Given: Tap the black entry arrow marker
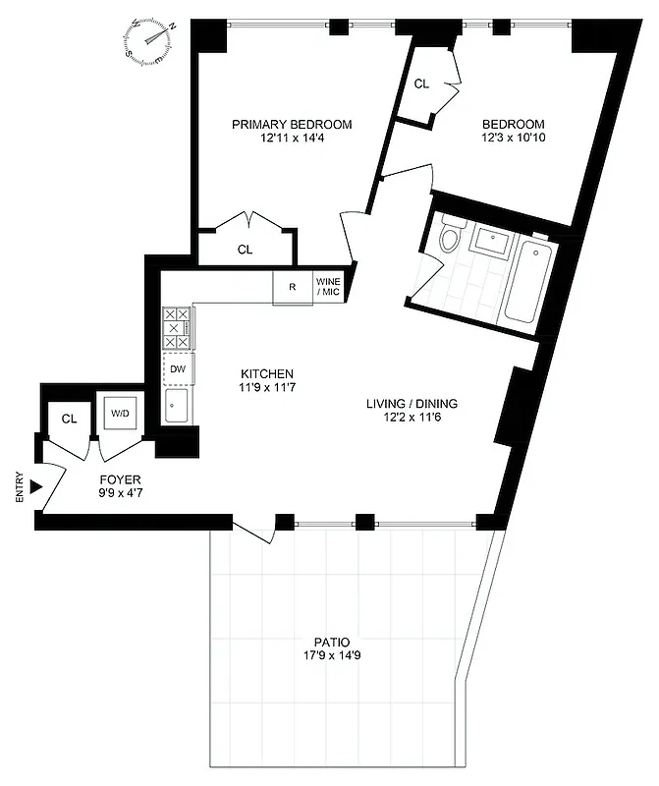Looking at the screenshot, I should (x=36, y=486).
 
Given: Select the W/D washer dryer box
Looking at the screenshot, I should (x=119, y=414).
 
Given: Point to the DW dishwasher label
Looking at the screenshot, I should (x=178, y=368).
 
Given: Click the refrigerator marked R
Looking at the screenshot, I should (x=293, y=288).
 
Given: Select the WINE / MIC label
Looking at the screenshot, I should (x=327, y=288).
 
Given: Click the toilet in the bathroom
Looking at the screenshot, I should (x=452, y=237).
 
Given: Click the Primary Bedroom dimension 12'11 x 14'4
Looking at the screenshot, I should (x=292, y=140).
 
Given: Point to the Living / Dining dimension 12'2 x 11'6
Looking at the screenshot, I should (x=412, y=419).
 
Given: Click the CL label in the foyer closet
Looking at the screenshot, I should (x=69, y=419).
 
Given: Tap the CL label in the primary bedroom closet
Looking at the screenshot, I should (x=245, y=250).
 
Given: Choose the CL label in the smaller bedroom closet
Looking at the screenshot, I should (x=421, y=84).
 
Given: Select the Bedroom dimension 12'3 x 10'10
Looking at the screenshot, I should (x=513, y=140).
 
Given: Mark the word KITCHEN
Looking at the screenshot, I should (x=267, y=374).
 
